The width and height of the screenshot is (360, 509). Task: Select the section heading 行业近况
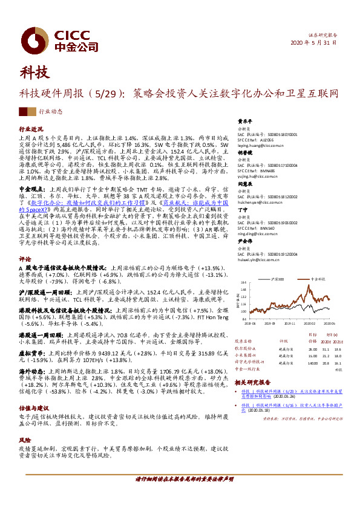click(x=31, y=129)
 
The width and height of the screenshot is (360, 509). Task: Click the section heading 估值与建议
click(x=34, y=391)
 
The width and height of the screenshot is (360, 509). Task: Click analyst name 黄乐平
click(x=244, y=121)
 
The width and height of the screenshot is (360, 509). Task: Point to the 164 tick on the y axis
click(x=242, y=282)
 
